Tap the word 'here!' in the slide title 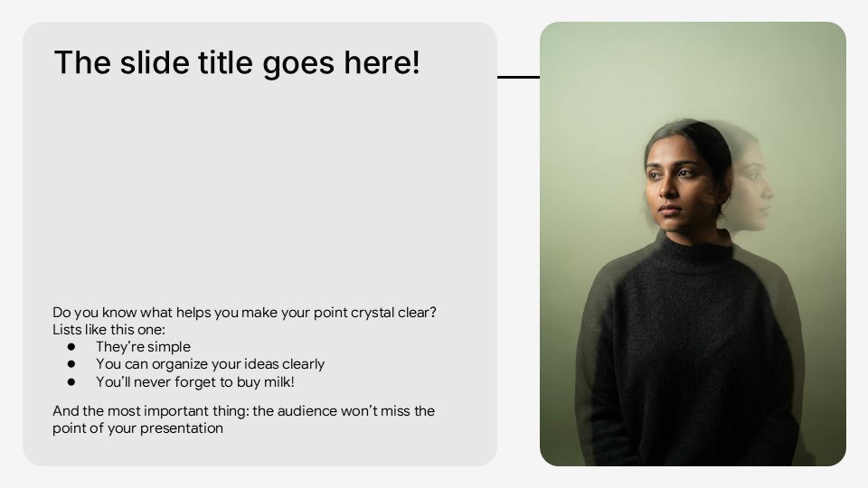[382, 62]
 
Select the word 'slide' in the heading [155, 62]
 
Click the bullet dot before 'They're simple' [71, 347]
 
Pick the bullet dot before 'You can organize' [71, 364]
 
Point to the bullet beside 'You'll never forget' [71, 381]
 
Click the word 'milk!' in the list [279, 381]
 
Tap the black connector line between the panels [519, 77]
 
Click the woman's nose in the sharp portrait [667, 191]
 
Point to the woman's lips [669, 211]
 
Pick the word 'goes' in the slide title [297, 63]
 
